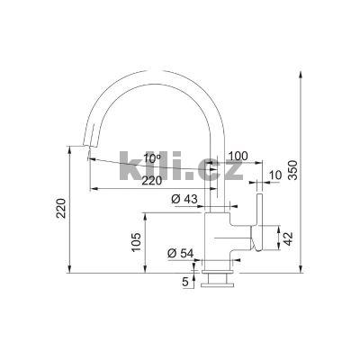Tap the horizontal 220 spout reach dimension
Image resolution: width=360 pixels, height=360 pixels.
[153, 181]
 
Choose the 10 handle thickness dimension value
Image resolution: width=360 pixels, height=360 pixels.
[275, 175]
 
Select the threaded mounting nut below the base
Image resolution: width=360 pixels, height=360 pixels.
[217, 282]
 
